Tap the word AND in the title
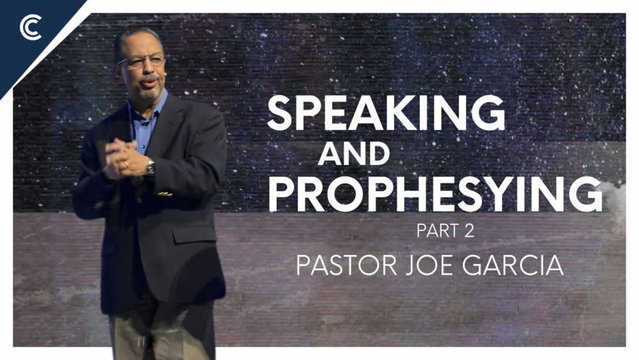point(353,155)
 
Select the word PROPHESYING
point(435,195)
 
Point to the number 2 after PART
point(470,231)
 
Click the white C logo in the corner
point(30,28)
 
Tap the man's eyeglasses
point(142,62)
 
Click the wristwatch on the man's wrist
point(150,168)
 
